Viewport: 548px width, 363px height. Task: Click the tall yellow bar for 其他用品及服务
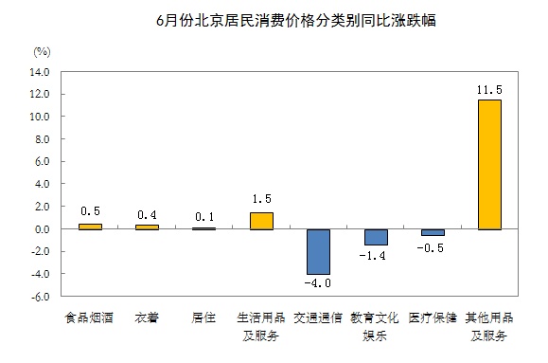click(489, 164)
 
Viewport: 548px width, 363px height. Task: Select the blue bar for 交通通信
click(317, 251)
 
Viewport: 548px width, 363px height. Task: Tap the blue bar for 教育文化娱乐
click(375, 237)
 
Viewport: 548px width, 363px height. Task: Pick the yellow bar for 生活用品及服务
click(260, 221)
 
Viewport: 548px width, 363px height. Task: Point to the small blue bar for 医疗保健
click(433, 232)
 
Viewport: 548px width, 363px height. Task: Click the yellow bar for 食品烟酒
click(89, 227)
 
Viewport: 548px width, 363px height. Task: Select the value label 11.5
click(489, 89)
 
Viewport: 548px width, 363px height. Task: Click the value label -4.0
click(317, 283)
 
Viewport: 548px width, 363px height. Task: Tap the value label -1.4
click(375, 255)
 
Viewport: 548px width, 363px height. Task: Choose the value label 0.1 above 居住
click(203, 217)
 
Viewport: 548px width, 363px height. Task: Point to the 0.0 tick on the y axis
click(42, 229)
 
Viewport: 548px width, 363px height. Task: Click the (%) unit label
click(41, 49)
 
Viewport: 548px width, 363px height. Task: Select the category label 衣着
click(147, 318)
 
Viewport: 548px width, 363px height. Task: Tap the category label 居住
click(203, 318)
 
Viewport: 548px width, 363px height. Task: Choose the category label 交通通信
click(317, 318)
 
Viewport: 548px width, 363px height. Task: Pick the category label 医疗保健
click(433, 318)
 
